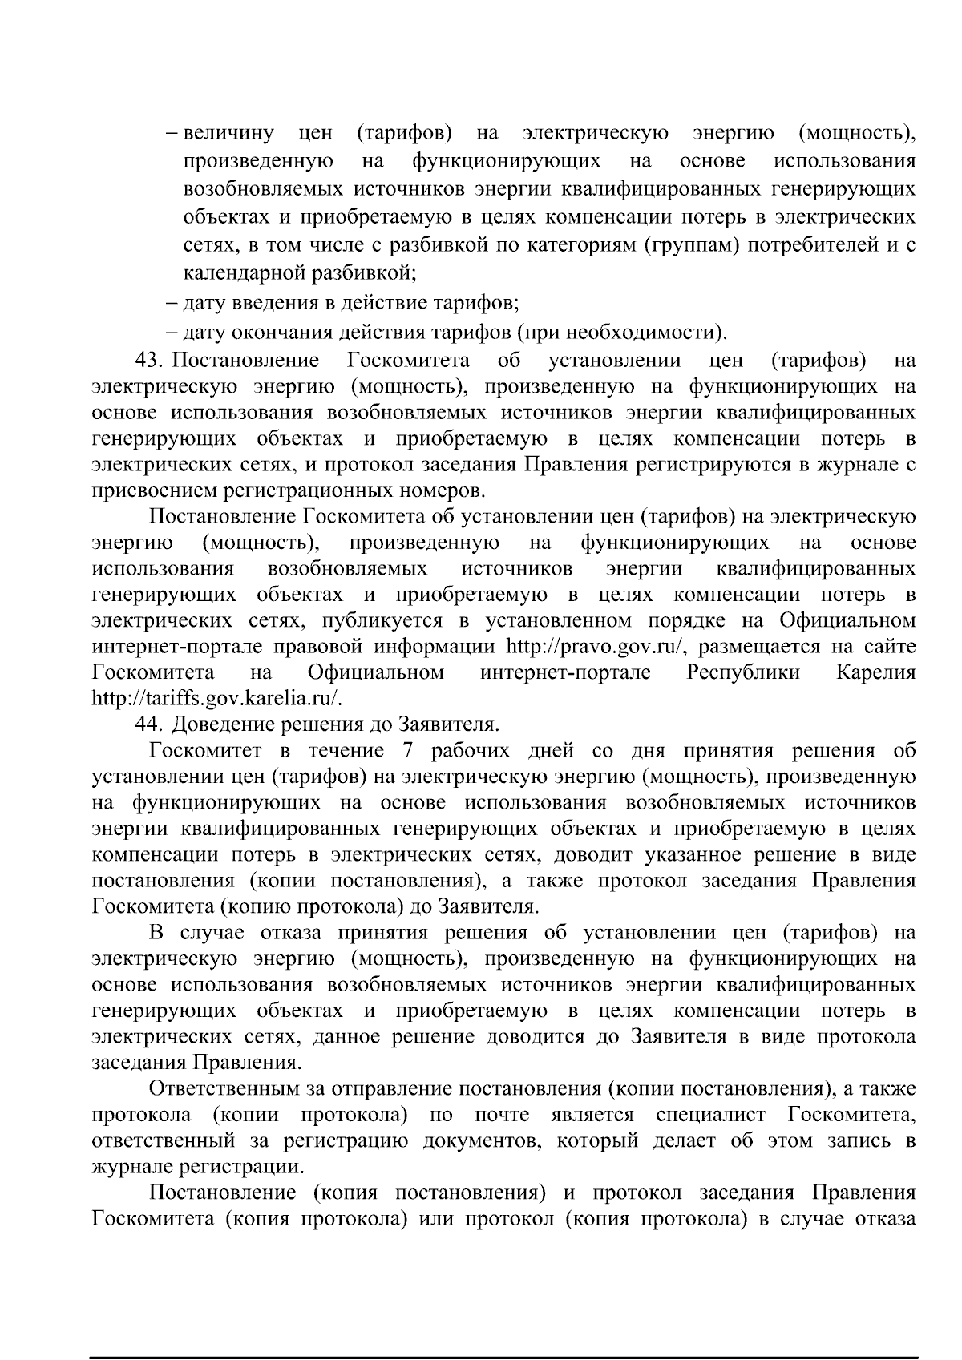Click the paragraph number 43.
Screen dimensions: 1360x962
pyautogui.click(x=150, y=361)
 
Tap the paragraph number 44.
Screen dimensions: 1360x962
pyautogui.click(x=150, y=724)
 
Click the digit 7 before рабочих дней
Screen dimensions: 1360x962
pyautogui.click(x=402, y=751)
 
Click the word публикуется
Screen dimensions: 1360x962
pyautogui.click(x=373, y=620)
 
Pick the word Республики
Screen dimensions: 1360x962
pyautogui.click(x=743, y=672)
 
